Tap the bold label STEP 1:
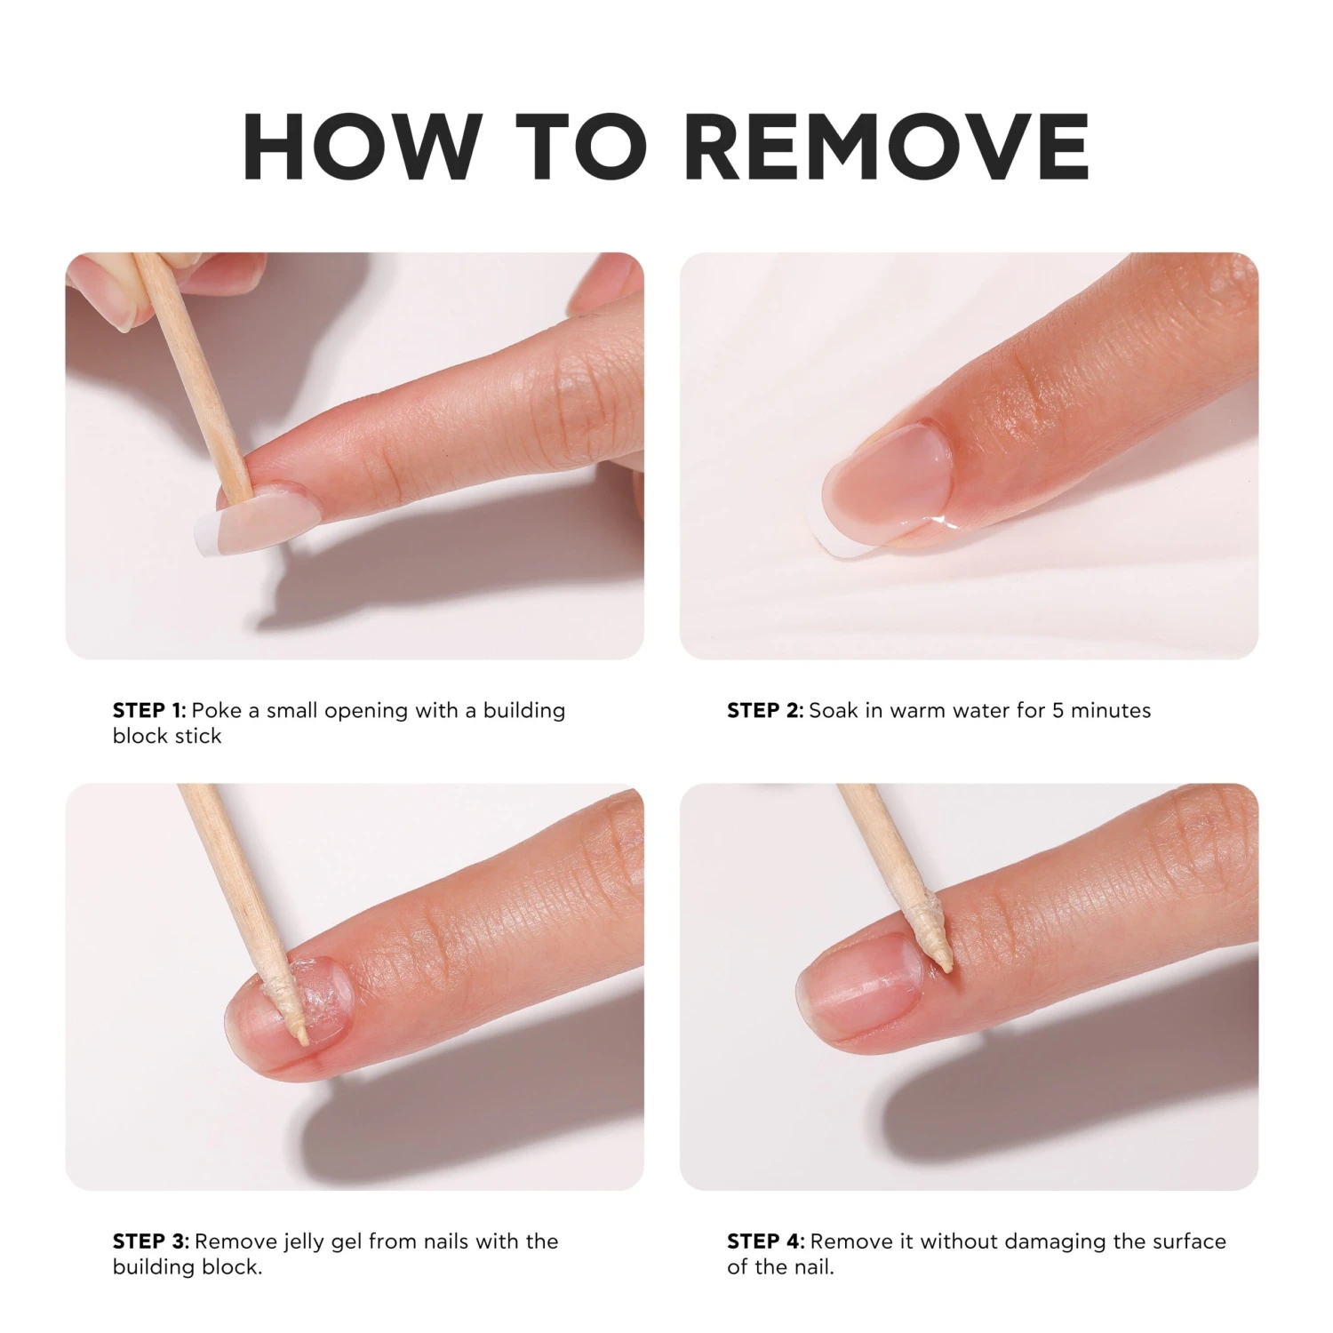(149, 711)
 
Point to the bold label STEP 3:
(151, 1241)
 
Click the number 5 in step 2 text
(1058, 711)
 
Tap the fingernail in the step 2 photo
(884, 486)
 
